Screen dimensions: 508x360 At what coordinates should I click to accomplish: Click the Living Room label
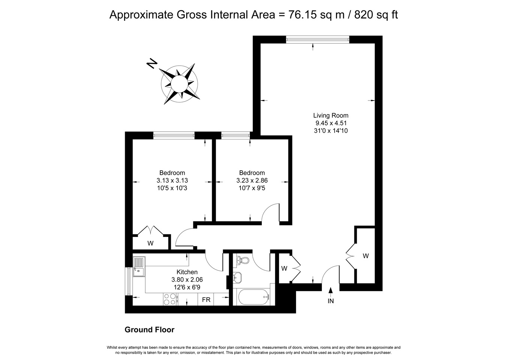tap(331, 115)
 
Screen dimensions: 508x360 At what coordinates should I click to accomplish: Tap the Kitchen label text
tap(187, 272)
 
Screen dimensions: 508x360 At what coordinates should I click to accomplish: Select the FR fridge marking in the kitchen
tap(206, 300)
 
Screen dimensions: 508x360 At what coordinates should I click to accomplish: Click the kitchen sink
tap(139, 267)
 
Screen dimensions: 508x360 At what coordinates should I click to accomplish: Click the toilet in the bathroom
tap(242, 260)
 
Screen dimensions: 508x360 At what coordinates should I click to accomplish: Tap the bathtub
tap(253, 297)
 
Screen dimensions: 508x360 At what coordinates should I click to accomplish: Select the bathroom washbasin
tap(237, 277)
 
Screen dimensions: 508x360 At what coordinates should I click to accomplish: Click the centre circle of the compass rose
tap(179, 84)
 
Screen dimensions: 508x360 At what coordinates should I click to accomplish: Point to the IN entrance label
tap(331, 301)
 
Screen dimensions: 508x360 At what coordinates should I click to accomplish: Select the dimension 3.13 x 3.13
tap(172, 180)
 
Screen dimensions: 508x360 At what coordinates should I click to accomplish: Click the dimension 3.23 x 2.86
tap(252, 180)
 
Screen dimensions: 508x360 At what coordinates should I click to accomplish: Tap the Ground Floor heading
tap(149, 330)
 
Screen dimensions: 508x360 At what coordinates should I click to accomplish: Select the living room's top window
tap(318, 40)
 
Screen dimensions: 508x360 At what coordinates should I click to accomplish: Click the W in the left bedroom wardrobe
tap(150, 243)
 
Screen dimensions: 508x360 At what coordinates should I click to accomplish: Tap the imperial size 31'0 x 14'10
tap(331, 131)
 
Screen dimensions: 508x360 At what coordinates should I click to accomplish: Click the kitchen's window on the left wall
tap(129, 282)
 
